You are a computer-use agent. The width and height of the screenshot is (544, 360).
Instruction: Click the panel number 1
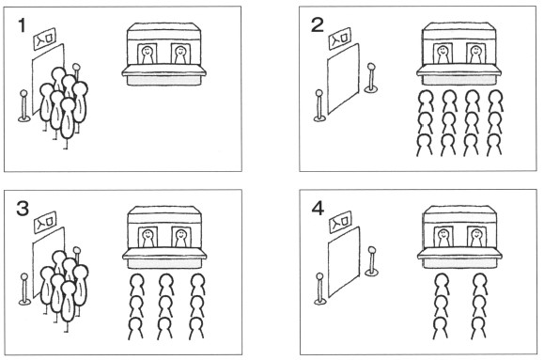(22, 25)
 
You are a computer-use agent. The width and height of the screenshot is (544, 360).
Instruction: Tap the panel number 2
(318, 25)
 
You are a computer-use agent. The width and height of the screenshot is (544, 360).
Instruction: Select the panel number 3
(23, 209)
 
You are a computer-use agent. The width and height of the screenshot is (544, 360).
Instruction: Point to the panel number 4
(318, 209)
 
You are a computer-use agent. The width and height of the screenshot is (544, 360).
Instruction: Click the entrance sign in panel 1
(45, 39)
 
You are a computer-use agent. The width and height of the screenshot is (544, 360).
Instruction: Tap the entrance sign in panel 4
(340, 222)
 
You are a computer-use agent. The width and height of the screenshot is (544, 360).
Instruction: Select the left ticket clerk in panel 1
(148, 55)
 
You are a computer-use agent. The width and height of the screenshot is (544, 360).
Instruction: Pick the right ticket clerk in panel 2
(475, 55)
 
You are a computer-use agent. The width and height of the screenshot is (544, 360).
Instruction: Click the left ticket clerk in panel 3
(148, 238)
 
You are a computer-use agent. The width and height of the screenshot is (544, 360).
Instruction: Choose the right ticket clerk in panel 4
(476, 238)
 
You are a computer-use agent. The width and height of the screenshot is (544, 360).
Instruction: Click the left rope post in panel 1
(23, 106)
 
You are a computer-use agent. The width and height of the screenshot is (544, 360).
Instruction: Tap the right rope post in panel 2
(371, 78)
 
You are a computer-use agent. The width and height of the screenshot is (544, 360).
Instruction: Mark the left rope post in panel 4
(319, 289)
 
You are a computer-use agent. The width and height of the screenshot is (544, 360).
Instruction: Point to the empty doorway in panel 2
(343, 79)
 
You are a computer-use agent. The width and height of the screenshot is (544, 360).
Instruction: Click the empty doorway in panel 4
(344, 262)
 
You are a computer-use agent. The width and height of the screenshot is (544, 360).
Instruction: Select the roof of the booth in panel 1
(163, 29)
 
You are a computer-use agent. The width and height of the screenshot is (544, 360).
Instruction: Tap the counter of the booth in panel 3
(164, 255)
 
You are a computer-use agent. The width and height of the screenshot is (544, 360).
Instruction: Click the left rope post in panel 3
(24, 290)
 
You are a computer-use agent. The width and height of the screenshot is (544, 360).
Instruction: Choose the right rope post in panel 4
(371, 261)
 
